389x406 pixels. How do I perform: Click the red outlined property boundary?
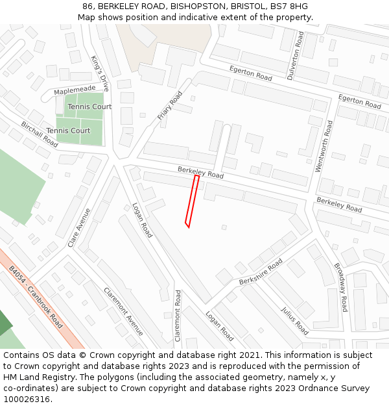[192, 201]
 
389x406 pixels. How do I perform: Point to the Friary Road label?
[170, 106]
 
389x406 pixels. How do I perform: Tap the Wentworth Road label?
[323, 146]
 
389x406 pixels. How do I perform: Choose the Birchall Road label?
[39, 134]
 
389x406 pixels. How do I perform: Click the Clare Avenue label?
[79, 228]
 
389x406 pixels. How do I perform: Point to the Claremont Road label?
[178, 316]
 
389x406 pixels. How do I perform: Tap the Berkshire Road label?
[261, 272]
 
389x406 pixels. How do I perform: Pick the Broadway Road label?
[341, 287]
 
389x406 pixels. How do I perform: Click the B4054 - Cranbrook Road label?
[36, 297]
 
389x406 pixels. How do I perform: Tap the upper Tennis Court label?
[89, 107]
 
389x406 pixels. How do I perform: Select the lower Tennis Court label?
[68, 131]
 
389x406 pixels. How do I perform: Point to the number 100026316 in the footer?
[27, 399]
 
